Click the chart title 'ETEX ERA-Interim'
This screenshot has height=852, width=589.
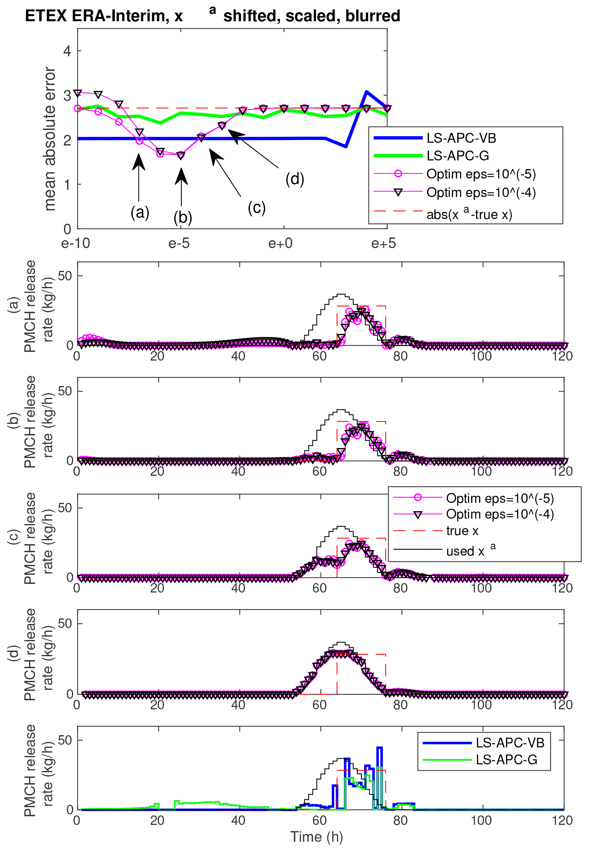104,16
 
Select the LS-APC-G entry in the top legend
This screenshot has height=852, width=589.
458,156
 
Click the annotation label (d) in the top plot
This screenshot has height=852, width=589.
295,179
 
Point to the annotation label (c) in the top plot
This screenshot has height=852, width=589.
257,207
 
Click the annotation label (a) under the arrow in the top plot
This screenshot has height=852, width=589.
140,212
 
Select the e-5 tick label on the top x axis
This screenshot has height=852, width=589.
179,244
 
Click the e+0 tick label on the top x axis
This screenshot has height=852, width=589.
280,244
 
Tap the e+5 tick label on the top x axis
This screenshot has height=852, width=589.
383,244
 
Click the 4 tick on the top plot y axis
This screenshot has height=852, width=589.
67,51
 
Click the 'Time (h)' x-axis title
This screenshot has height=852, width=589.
317,837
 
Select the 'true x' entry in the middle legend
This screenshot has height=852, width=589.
462,531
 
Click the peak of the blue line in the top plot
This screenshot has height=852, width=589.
366,92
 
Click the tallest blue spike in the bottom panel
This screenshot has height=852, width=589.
379,748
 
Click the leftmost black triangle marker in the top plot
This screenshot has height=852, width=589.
78,93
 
